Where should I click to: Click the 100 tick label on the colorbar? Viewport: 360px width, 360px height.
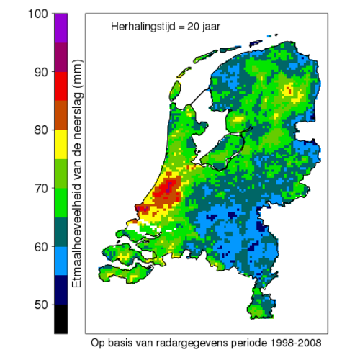click(x=35, y=14)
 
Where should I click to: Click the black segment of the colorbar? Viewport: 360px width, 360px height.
click(x=61, y=319)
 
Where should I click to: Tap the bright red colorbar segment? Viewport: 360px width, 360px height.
click(x=61, y=86)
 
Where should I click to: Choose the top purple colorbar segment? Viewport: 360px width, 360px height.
click(x=61, y=28)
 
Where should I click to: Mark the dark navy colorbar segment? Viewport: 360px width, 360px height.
click(x=61, y=290)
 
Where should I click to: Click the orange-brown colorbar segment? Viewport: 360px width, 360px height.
click(x=61, y=115)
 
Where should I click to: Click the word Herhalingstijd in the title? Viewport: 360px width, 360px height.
click(x=141, y=27)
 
